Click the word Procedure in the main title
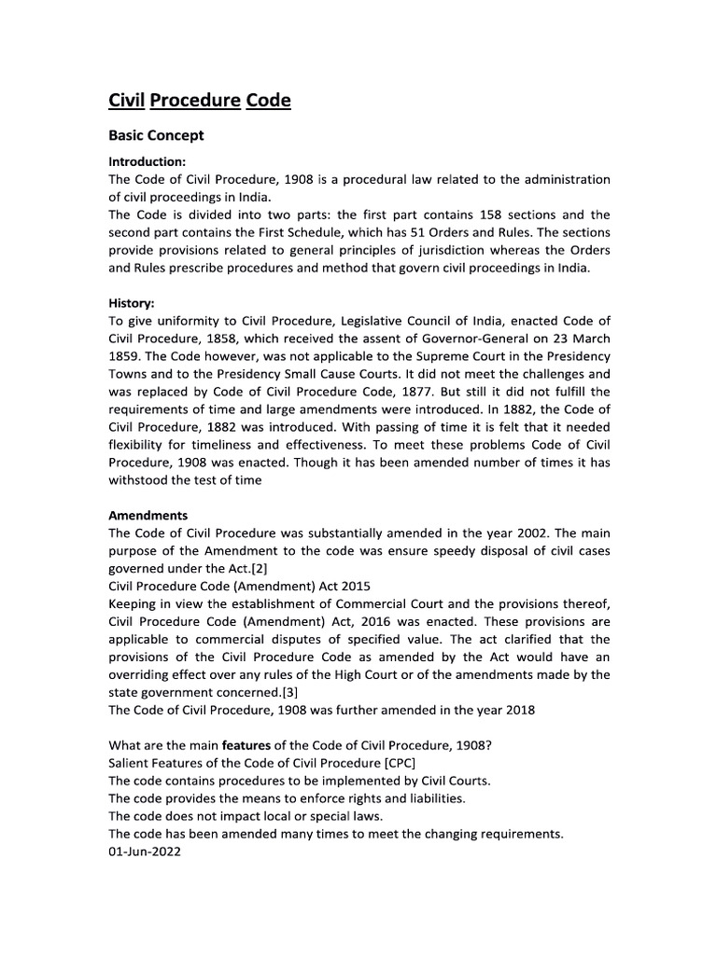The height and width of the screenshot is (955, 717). (195, 100)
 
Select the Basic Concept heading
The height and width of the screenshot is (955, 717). (156, 135)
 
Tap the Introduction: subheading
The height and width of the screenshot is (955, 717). (148, 161)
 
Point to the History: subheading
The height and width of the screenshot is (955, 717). (132, 304)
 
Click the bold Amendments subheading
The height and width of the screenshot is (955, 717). (148, 515)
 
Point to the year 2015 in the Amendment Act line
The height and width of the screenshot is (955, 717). (355, 586)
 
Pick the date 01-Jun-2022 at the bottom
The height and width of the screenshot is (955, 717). (145, 851)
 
